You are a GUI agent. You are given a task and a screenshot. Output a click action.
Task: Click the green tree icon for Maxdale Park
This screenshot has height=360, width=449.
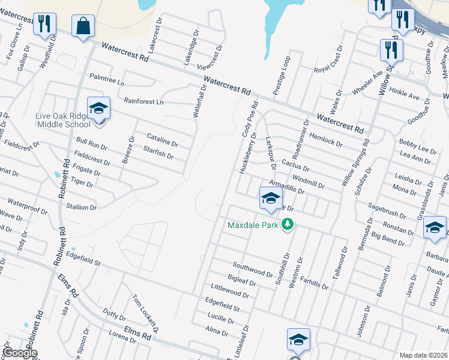click(288, 226)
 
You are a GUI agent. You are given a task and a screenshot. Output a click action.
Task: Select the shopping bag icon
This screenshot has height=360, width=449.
click(83, 26)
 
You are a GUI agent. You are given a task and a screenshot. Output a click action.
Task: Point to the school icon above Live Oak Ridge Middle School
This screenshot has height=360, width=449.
click(98, 109)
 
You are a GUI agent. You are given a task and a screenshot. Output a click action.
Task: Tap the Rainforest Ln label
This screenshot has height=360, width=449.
click(143, 101)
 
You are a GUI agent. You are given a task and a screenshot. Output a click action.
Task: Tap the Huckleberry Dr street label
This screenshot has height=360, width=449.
click(247, 152)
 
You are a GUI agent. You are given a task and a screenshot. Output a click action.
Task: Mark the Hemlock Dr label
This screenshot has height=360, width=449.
click(327, 140)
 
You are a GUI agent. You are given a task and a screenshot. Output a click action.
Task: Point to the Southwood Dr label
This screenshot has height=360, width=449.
click(253, 269)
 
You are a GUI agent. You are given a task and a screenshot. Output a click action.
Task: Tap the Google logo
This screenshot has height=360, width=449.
click(20, 353)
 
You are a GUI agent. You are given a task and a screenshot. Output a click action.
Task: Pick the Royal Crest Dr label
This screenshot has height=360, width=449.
click(328, 58)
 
